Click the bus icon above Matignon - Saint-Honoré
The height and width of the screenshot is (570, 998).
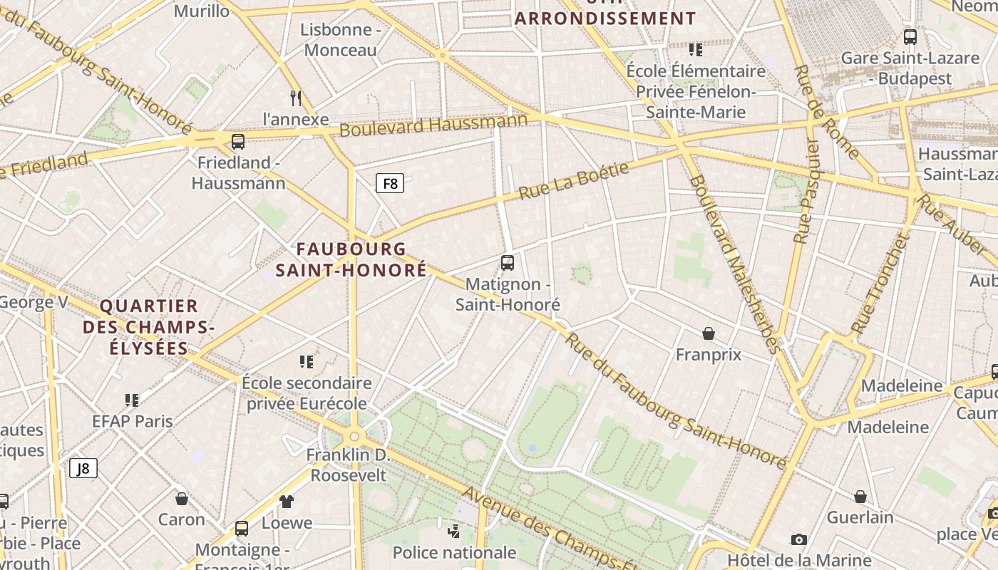[508, 263]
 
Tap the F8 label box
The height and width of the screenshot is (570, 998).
[390, 184]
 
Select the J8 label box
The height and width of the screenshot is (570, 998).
[83, 468]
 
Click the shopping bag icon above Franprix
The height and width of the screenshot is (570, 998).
[709, 333]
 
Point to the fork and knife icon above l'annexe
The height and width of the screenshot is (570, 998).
[296, 98]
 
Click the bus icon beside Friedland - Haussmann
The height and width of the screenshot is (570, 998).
[238, 141]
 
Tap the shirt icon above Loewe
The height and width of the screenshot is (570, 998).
[287, 501]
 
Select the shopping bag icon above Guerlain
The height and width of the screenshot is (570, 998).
[860, 496]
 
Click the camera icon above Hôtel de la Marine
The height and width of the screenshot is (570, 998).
[798, 539]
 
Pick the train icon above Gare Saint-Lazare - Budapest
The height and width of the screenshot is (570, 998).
[910, 37]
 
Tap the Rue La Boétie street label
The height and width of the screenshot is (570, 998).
[574, 181]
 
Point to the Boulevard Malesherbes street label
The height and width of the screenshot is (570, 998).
[733, 264]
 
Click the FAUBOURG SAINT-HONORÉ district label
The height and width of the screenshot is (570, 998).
[351, 260]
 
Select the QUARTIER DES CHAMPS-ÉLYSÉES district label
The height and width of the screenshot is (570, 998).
[148, 327]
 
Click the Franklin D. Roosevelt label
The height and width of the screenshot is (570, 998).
[349, 465]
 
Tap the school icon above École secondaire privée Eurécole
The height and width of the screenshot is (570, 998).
[307, 362]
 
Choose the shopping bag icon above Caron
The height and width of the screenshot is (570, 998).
[182, 498]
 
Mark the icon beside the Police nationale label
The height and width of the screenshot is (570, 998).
[454, 531]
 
